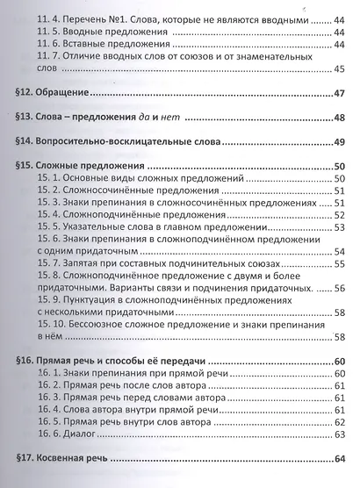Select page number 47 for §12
[x=339, y=94]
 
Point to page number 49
[x=339, y=142]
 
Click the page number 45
[x=339, y=71]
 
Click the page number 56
[x=339, y=289]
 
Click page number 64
[x=339, y=458]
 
